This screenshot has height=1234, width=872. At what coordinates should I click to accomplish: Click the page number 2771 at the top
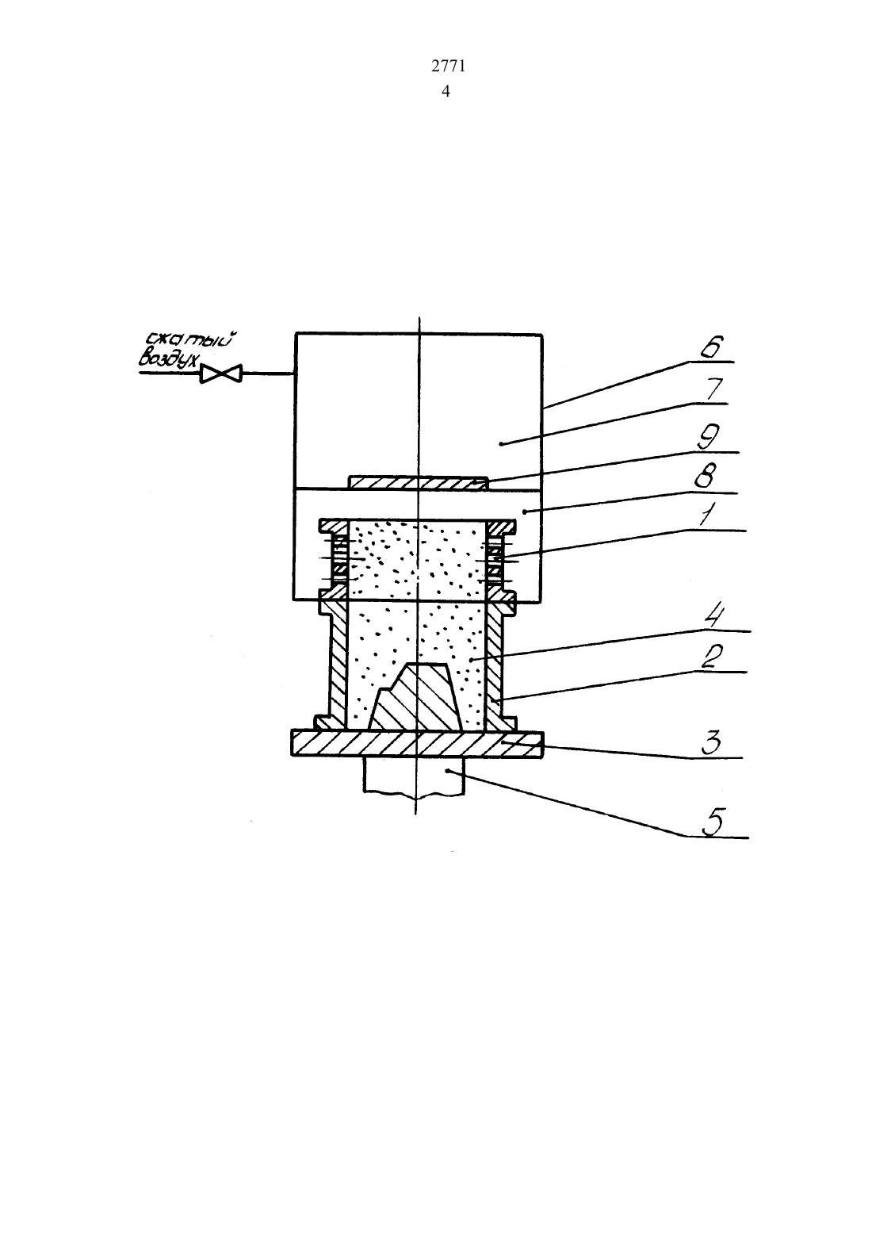click(448, 66)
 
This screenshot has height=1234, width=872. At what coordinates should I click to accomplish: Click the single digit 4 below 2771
click(446, 91)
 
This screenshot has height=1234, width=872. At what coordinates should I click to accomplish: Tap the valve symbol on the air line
click(220, 374)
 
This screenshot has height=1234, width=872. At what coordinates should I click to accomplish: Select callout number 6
click(713, 347)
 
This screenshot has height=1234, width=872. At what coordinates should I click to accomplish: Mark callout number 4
click(716, 617)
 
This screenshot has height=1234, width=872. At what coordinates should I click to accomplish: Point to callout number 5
click(713, 822)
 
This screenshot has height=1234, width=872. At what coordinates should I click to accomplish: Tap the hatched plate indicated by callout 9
click(419, 483)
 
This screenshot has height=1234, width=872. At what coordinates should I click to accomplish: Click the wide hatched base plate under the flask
click(417, 744)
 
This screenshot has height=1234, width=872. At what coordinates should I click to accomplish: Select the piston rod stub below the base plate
click(414, 775)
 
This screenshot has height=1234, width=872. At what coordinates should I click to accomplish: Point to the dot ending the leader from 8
click(524, 512)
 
